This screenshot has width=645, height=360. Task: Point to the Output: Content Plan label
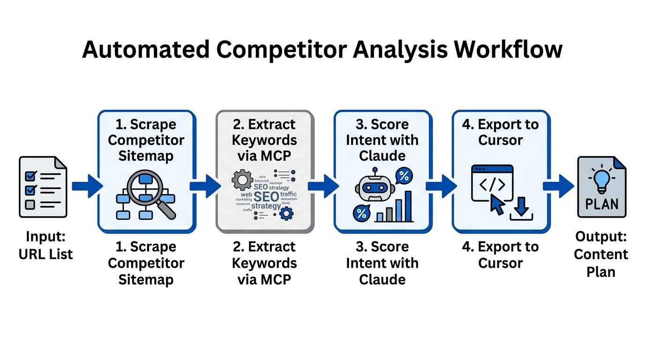point(600,254)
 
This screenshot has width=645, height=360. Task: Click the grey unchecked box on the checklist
point(30,205)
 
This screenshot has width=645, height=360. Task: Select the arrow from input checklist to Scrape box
point(87,186)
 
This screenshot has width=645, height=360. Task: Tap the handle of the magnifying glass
point(167,210)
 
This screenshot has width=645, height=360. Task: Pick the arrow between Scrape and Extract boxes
point(205,186)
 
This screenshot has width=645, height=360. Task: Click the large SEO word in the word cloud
point(266,196)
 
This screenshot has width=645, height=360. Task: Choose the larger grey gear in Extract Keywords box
point(242,180)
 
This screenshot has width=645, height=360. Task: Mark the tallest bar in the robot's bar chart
point(408,206)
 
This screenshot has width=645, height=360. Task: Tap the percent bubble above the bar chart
point(404,177)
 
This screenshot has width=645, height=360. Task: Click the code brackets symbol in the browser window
point(492,185)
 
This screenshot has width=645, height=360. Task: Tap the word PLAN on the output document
point(601,204)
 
